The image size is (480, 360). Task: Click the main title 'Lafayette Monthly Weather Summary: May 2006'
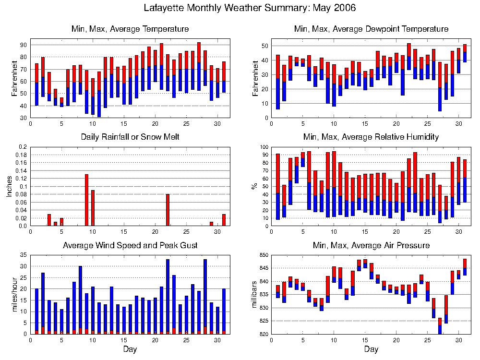pos(250,8)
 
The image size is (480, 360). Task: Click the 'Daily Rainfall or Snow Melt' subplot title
pos(130,137)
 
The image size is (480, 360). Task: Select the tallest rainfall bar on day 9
pos(86,200)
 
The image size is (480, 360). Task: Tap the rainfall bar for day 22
pos(168,210)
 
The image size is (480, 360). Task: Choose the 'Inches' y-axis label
pos(9,186)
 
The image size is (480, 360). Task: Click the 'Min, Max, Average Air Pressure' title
pos(371,245)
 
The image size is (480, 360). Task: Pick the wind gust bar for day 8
pos(80,300)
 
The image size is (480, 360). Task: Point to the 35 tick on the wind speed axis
pos(24,254)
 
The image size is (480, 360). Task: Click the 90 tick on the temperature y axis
pos(24,45)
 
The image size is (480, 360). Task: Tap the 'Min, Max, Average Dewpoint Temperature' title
pos(371,29)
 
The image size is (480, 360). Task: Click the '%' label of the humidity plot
pos(255,186)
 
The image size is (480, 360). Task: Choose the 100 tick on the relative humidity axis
pos(264,147)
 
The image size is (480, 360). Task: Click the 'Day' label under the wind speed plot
pos(130,349)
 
